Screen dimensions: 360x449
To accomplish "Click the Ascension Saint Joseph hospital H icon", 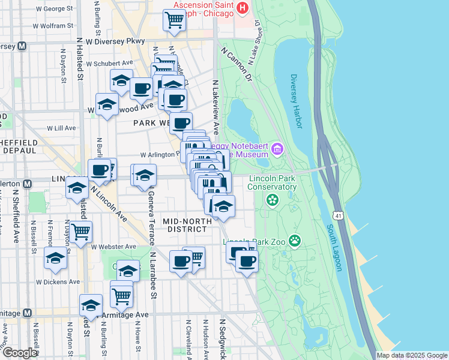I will point(243,8).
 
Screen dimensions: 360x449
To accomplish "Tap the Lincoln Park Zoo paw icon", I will point(295,241).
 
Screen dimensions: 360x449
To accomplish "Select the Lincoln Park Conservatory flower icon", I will point(273,200).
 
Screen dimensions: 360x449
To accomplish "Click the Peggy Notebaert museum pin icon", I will point(277,148).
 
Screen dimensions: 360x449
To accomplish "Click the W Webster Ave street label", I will point(113,247).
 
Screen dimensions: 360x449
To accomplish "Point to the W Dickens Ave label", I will point(58,281).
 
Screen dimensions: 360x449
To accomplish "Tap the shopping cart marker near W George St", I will point(174,19).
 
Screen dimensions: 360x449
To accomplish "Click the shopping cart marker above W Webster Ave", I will point(80,230).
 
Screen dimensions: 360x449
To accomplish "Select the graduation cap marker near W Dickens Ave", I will point(55,258).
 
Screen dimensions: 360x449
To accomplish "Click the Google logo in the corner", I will point(19,353).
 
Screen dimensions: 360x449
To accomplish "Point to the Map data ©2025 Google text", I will point(412,355).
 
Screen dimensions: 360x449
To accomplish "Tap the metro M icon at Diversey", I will point(22,46).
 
